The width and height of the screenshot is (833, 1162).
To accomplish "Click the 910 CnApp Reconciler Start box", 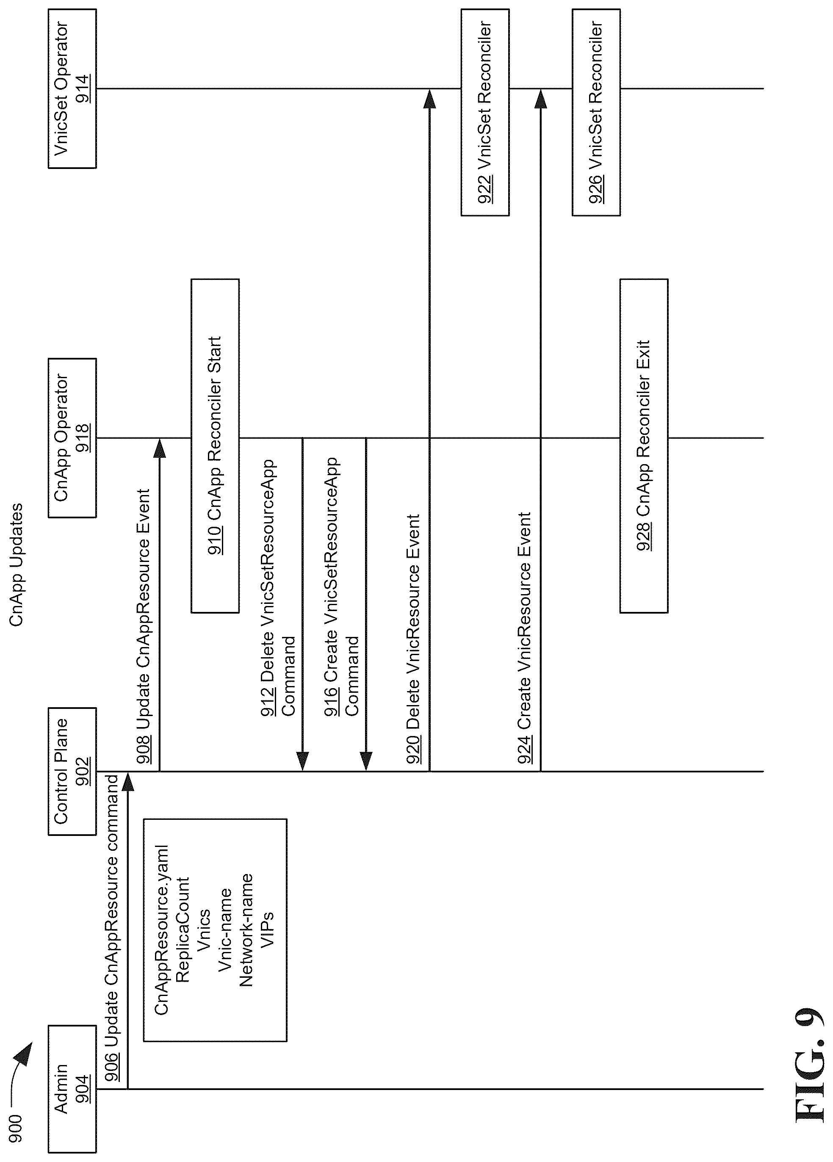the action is click(x=215, y=446).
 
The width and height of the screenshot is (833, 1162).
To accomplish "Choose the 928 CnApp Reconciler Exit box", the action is click(x=644, y=446).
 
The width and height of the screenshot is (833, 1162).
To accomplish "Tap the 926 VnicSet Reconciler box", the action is click(x=596, y=112).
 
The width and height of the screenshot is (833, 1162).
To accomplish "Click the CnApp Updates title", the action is click(x=17, y=565).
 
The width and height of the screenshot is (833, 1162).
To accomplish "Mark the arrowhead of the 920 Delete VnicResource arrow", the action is click(x=430, y=98).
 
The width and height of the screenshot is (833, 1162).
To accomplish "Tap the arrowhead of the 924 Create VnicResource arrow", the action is click(x=541, y=98).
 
